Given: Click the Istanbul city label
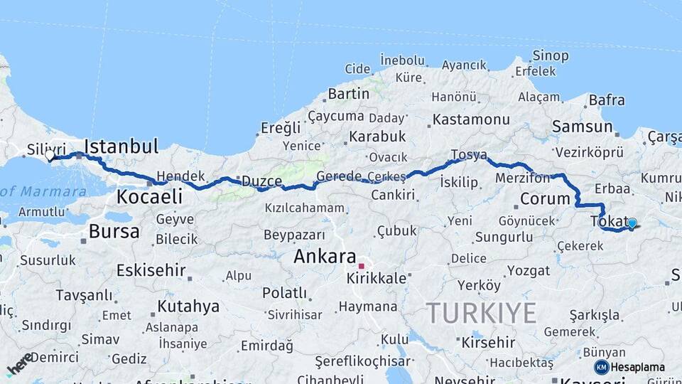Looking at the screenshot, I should pyautogui.click(x=121, y=147).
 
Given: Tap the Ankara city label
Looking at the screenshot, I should pyautogui.click(x=325, y=256).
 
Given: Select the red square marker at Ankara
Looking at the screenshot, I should pyautogui.click(x=362, y=267).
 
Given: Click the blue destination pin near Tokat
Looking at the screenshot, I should pyautogui.click(x=632, y=223).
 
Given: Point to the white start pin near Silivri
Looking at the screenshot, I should pyautogui.click(x=50, y=154).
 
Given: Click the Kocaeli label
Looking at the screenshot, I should pyautogui.click(x=149, y=196).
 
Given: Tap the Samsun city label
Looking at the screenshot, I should pyautogui.click(x=582, y=127).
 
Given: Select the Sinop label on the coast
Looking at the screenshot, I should pyautogui.click(x=551, y=55).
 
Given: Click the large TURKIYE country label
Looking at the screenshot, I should pyautogui.click(x=482, y=313).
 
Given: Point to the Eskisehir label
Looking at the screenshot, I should pyautogui.click(x=151, y=270).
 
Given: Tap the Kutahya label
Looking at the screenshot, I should pyautogui.click(x=188, y=306).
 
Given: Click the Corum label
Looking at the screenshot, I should pyautogui.click(x=545, y=198).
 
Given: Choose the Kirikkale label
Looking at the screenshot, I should pyautogui.click(x=377, y=278).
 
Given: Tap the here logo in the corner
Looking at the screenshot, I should pyautogui.click(x=19, y=363).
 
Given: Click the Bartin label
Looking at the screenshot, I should pyautogui.click(x=348, y=93).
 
